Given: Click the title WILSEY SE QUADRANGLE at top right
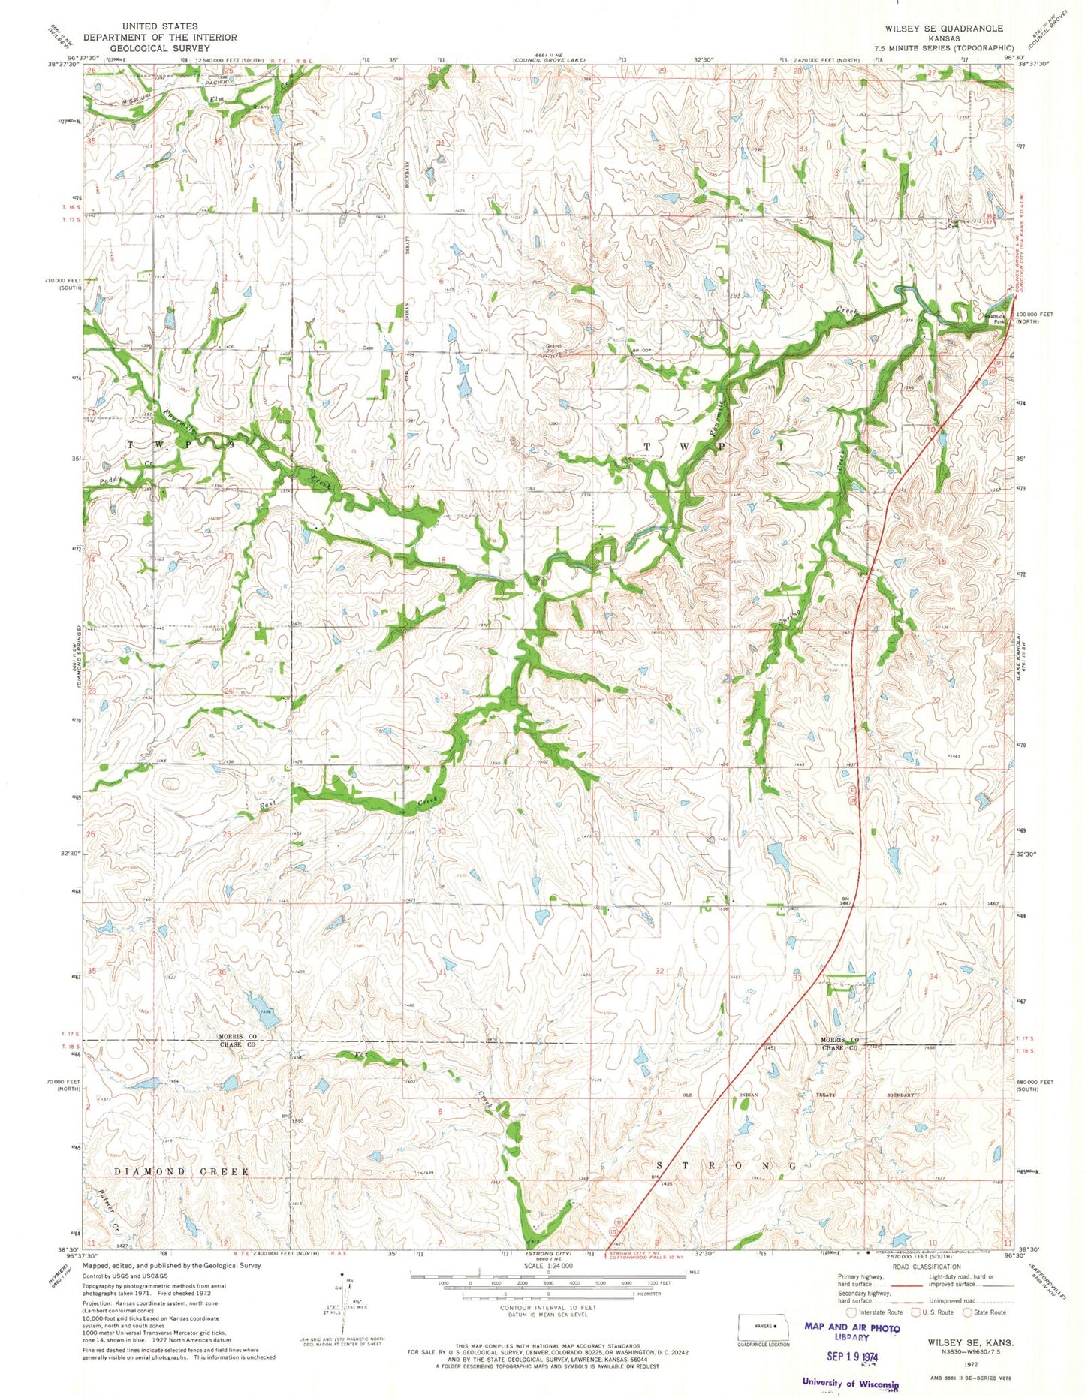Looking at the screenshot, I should coord(944,28).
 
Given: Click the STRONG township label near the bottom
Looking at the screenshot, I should coord(725,1165).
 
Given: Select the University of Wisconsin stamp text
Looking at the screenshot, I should coord(850,1382).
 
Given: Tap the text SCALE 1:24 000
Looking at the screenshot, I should coord(548,1265).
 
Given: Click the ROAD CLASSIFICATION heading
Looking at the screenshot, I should coord(927,1267).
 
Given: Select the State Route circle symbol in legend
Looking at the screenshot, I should coord(968,1312).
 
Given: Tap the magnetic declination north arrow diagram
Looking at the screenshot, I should coord(343,1306).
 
